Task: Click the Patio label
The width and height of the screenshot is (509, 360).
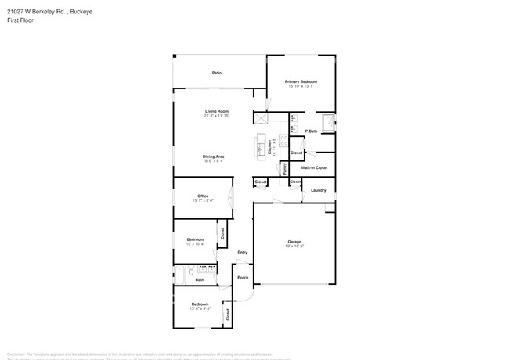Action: click(216, 73)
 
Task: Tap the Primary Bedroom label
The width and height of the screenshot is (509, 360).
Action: click(301, 81)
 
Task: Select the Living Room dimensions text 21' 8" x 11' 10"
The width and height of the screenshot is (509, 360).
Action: click(217, 116)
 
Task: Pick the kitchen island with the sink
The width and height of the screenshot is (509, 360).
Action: click(261, 146)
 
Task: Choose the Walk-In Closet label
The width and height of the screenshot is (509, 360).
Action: click(314, 167)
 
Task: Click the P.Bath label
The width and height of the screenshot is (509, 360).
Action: click(311, 131)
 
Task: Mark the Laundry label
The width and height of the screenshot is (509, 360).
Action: click(318, 190)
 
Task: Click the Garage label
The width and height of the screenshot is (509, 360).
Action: click(294, 242)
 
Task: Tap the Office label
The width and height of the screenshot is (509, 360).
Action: click(202, 196)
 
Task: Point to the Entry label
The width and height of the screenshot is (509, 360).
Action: click(243, 252)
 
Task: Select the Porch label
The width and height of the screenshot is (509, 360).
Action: click(243, 277)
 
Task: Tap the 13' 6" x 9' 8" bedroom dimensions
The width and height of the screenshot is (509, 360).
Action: click(200, 308)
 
